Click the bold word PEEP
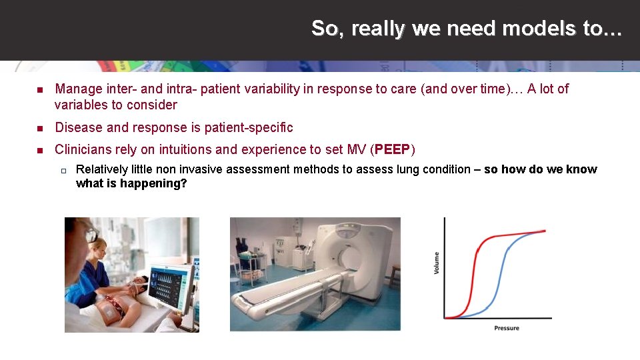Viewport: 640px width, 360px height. pos(393,149)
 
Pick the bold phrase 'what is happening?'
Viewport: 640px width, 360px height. pos(131,183)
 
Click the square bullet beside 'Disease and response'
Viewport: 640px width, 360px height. pos(40,128)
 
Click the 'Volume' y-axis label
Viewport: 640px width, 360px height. pos(437,262)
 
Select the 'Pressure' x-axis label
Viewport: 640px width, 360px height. pos(507,328)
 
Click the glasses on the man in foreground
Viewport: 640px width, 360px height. pos(89,233)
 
